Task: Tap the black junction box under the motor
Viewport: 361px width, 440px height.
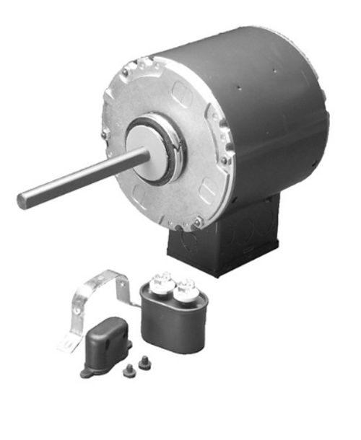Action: pyautogui.click(x=217, y=252)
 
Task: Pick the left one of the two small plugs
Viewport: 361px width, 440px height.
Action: pyautogui.click(x=129, y=370)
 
